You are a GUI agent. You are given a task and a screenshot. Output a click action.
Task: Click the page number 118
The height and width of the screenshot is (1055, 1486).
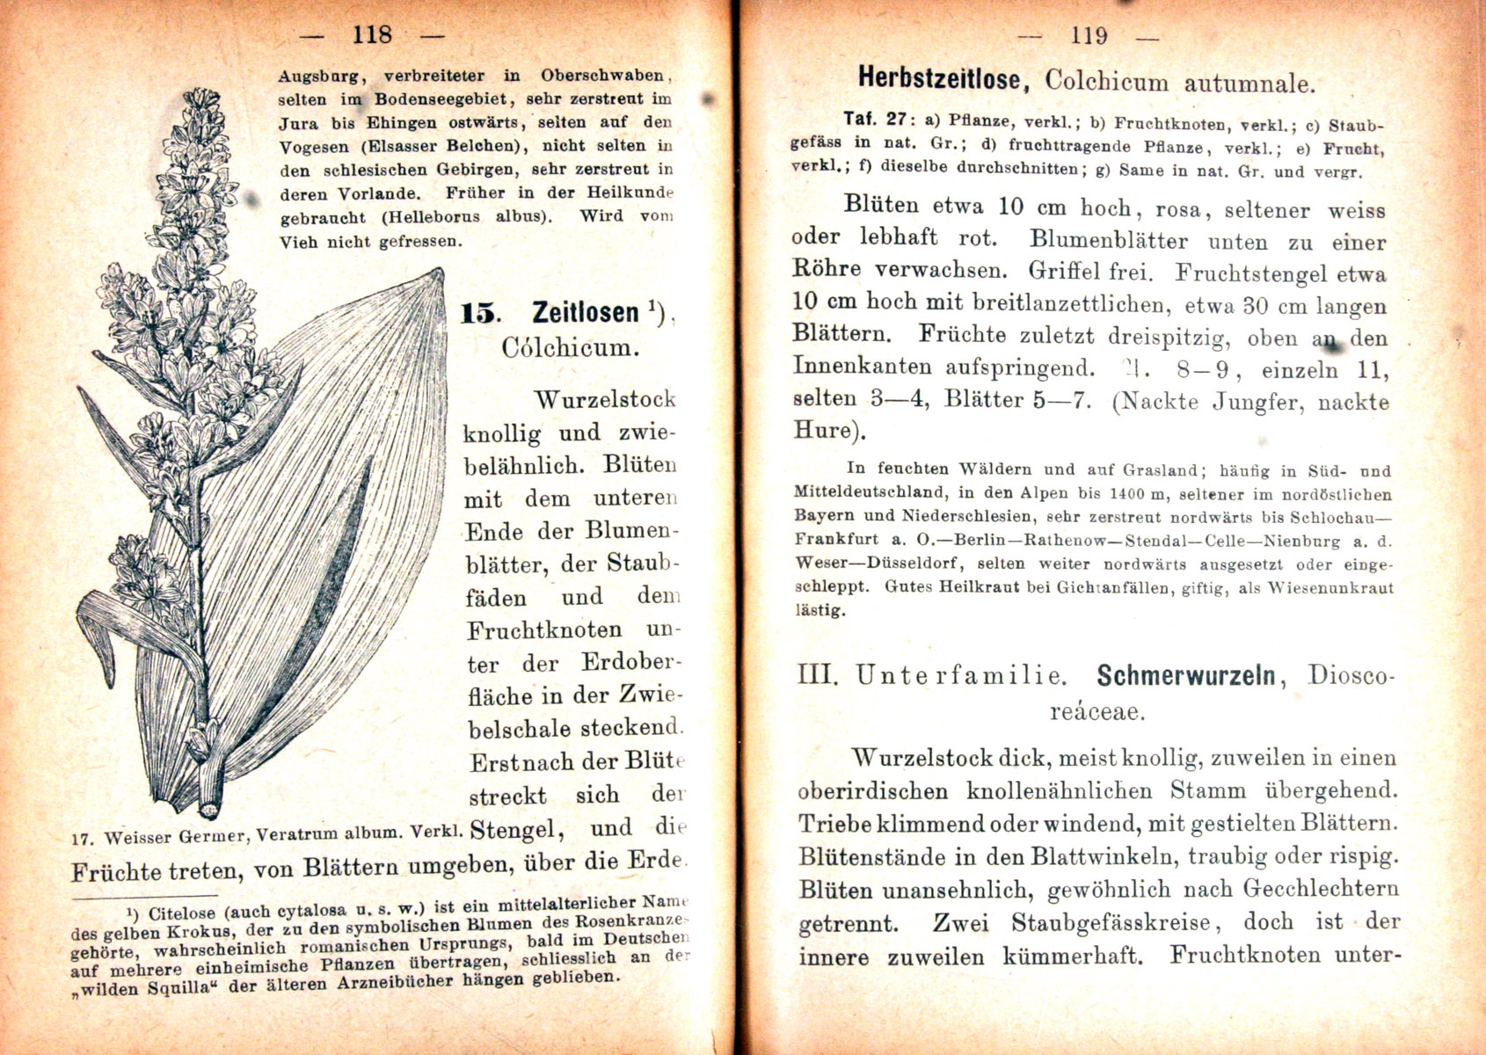(371, 35)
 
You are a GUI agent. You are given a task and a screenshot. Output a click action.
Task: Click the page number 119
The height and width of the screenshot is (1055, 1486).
(1089, 36)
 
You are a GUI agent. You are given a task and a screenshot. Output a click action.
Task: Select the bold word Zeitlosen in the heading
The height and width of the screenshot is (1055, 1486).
(585, 312)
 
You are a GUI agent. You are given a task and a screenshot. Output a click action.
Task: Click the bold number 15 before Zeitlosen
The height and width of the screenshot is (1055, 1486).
(480, 314)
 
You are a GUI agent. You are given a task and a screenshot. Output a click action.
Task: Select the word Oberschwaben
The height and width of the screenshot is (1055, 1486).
(605, 76)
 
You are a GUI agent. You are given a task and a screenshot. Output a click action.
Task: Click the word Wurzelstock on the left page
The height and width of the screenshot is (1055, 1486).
(605, 400)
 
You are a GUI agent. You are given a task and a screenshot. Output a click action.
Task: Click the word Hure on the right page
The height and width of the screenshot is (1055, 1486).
(823, 431)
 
